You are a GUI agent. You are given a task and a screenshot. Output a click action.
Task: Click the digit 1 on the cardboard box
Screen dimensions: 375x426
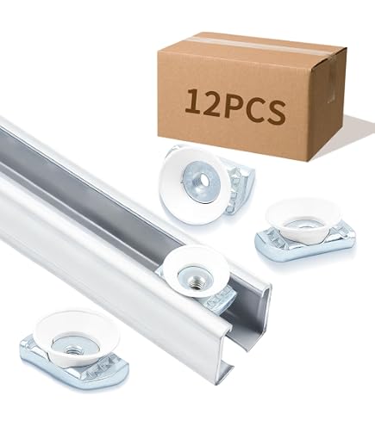coord(193,102)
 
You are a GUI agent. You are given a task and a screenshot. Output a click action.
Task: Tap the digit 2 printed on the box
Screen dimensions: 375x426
coord(213,103)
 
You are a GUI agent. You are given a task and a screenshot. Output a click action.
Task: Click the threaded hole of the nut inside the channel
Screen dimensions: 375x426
coord(192,283)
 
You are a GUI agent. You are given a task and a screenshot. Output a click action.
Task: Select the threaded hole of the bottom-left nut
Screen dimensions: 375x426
coord(70,350)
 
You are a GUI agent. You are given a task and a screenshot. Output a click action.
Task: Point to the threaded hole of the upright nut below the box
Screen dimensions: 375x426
coord(204,181)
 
